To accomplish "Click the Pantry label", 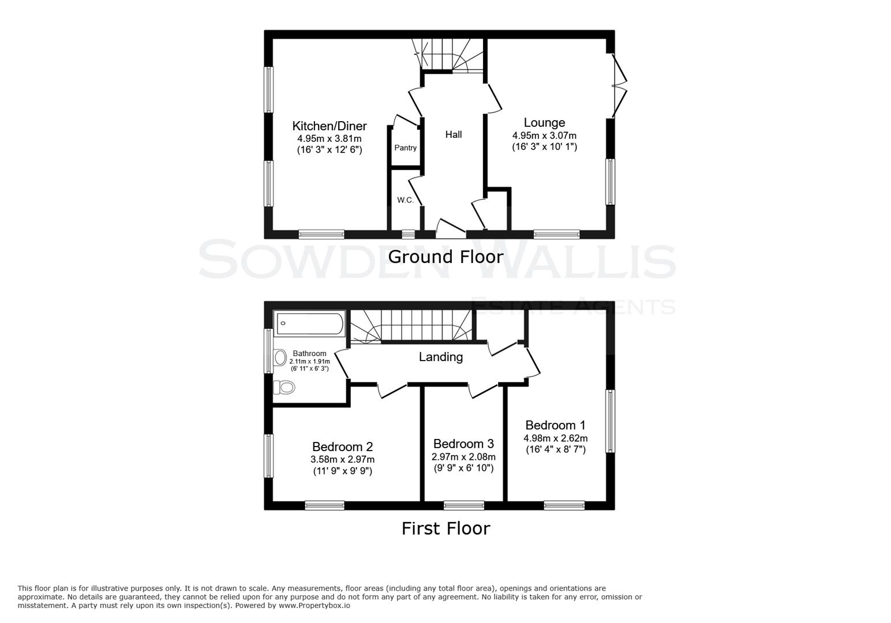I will click(x=405, y=148).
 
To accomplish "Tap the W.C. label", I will click(x=405, y=200).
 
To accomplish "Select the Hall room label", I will click(x=453, y=134).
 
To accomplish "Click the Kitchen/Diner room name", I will click(x=329, y=126).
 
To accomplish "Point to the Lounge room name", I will click(x=544, y=122).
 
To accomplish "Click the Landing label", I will click(x=440, y=356).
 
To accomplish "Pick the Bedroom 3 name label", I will click(x=463, y=444).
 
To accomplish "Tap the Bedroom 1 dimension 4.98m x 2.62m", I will click(x=556, y=438).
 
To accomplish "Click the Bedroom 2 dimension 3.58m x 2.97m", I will click(x=342, y=459).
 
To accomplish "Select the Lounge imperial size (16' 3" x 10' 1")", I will click(x=544, y=147).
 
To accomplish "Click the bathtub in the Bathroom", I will click(x=310, y=324).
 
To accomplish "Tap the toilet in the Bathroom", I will click(x=283, y=386).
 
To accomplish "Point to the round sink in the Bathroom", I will click(x=280, y=358).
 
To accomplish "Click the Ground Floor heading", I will click(x=446, y=257).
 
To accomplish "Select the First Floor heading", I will click(x=446, y=528).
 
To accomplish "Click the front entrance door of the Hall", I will click(x=451, y=229).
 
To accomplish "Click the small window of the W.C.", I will click(x=408, y=234).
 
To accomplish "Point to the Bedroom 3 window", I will click(x=463, y=505).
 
